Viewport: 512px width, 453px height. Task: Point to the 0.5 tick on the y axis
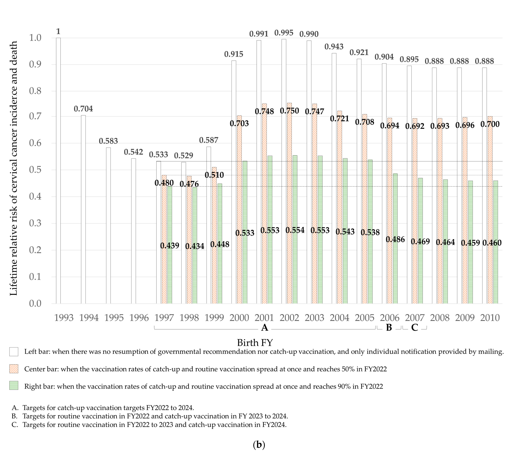(35, 170)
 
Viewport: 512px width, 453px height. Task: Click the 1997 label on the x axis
(164, 318)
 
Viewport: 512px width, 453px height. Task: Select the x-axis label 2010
(490, 318)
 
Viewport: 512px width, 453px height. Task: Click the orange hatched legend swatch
(14, 369)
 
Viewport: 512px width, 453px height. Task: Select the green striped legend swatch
(14, 386)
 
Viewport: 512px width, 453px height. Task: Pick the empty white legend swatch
(14, 352)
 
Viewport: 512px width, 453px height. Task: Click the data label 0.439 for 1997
(170, 245)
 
